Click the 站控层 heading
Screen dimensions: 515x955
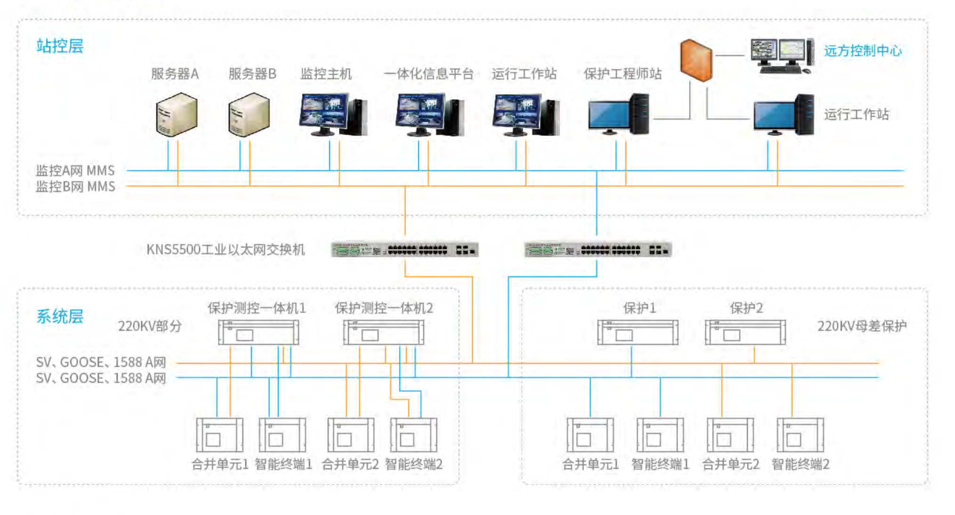point(60,46)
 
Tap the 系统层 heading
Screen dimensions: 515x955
point(60,316)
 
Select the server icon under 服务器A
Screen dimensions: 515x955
point(177,115)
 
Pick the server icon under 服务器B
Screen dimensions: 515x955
point(249,115)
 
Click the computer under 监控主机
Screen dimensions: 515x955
point(333,115)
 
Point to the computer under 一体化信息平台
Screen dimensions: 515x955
point(429,115)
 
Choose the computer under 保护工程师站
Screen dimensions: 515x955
point(618,115)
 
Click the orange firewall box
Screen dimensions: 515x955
point(696,61)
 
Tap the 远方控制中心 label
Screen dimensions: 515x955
point(863,51)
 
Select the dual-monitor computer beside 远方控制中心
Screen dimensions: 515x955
point(782,56)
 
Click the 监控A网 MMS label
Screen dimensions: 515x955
point(75,170)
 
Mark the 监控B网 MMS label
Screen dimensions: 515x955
point(75,187)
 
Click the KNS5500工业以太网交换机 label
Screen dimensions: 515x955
point(226,249)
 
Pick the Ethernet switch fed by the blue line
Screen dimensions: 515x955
point(598,250)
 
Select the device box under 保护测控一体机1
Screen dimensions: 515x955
point(259,332)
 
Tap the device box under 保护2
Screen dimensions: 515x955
point(745,332)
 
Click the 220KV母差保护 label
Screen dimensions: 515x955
point(862,326)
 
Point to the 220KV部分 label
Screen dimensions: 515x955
point(150,326)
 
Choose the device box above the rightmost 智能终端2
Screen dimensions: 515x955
point(800,435)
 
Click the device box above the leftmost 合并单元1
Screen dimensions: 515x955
point(219,435)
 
